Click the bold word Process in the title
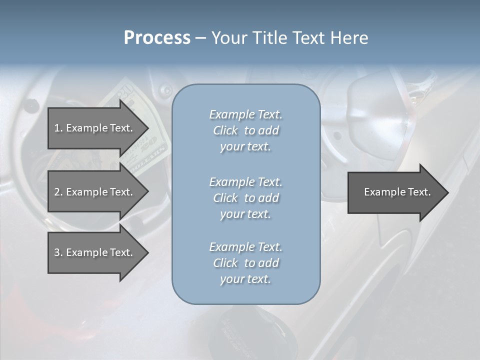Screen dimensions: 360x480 157,38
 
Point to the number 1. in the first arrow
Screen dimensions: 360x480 58,128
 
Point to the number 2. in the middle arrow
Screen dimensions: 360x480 58,192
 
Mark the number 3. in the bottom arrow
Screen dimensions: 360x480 58,252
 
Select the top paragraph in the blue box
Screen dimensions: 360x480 245,130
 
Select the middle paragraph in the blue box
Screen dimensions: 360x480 245,198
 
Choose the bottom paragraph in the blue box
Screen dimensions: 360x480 245,263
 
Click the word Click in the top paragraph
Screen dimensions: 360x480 225,130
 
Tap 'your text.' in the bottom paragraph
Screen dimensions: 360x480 245,279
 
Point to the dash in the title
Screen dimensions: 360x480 200,38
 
